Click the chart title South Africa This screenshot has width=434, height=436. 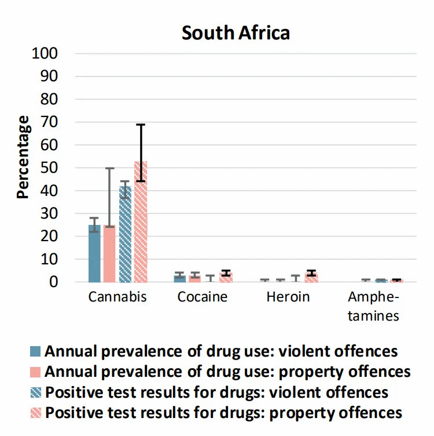click(x=236, y=32)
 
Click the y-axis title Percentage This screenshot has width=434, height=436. click(x=23, y=157)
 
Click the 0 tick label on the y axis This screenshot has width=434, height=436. click(x=55, y=282)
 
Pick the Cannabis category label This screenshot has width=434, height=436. click(x=117, y=297)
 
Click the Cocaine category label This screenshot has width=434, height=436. click(x=203, y=297)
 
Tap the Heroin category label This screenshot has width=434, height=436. click(x=288, y=297)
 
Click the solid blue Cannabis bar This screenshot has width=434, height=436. click(x=94, y=253)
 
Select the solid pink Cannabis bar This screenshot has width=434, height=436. click(x=109, y=253)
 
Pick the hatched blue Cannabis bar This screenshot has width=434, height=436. click(x=125, y=234)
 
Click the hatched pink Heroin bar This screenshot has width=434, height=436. click(x=311, y=278)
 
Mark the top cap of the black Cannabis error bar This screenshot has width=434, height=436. click(x=141, y=125)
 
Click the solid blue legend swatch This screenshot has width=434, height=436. click(x=36, y=351)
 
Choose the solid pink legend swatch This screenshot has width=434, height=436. click(x=36, y=372)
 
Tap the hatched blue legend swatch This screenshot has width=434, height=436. click(x=36, y=393)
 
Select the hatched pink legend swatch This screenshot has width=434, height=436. click(x=36, y=413)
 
